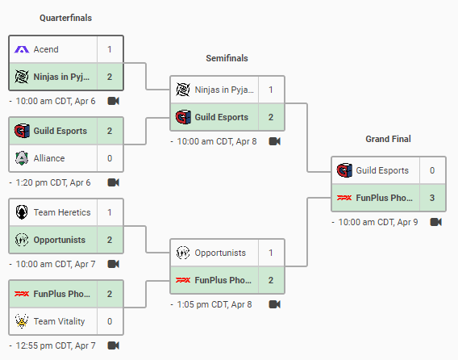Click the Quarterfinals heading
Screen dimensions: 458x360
pyautogui.click(x=66, y=18)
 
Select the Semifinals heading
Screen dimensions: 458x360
pyautogui.click(x=227, y=58)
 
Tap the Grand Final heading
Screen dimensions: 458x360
pyautogui.click(x=388, y=139)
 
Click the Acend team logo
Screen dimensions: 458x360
pyautogui.click(x=22, y=49)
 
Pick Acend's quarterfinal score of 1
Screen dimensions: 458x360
pyautogui.click(x=110, y=49)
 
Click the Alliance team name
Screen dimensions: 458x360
pyautogui.click(x=49, y=158)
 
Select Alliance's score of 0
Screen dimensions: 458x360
pyautogui.click(x=110, y=158)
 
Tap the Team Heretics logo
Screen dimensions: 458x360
pyautogui.click(x=22, y=212)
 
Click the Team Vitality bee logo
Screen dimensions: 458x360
pyautogui.click(x=22, y=321)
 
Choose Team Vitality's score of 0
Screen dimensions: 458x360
pyautogui.click(x=110, y=321)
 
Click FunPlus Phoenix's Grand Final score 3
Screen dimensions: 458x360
pyautogui.click(x=432, y=198)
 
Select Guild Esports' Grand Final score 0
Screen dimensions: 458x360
pyautogui.click(x=432, y=170)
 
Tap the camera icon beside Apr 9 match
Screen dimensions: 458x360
pyautogui.click(x=435, y=222)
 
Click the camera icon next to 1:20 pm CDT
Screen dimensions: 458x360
pyautogui.click(x=114, y=182)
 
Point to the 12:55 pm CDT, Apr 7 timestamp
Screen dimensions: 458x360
pyautogui.click(x=56, y=345)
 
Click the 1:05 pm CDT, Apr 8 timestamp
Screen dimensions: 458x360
pyautogui.click(x=214, y=304)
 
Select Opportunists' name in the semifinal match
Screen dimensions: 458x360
pyautogui.click(x=220, y=253)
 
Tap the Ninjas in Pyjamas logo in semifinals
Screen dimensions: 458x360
pyautogui.click(x=183, y=90)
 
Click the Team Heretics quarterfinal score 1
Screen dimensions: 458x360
pyautogui.click(x=110, y=212)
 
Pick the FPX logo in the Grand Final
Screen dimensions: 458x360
pyautogui.click(x=344, y=198)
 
